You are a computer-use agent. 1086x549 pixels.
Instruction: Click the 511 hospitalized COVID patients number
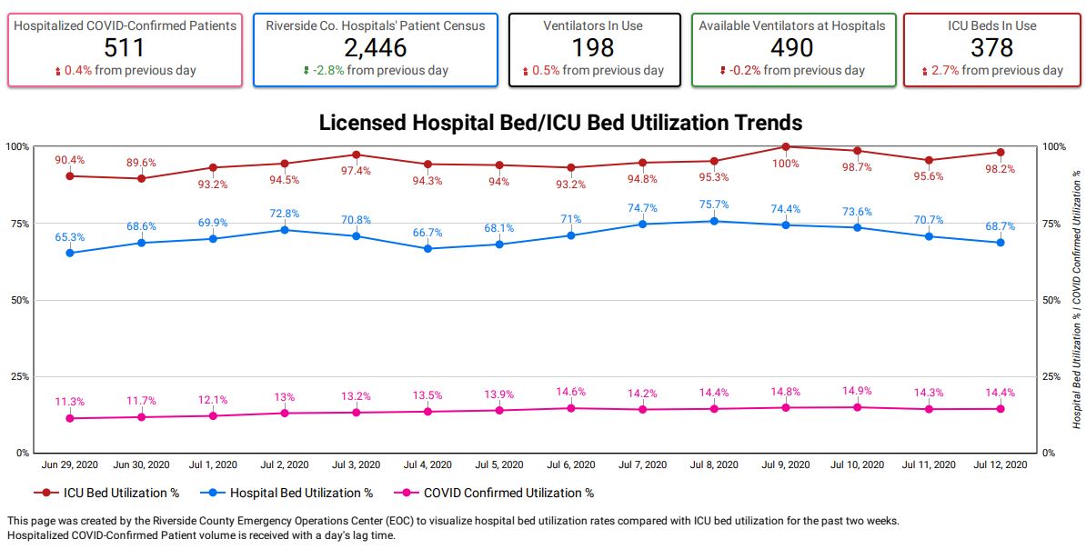coord(125,48)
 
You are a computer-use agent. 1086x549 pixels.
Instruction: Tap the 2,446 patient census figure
coord(375,48)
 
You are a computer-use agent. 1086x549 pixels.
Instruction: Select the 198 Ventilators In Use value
coord(594,48)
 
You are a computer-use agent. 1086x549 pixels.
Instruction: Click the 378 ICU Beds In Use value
coord(991,48)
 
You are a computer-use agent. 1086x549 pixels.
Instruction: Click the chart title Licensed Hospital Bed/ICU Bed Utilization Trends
coord(560,123)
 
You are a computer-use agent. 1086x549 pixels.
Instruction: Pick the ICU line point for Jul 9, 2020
coord(786,146)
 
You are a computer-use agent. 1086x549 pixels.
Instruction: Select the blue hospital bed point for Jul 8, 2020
coord(714,221)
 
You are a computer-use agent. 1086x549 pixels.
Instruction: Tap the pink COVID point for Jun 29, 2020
coord(70,418)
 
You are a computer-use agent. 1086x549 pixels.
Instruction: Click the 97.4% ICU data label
coord(356,171)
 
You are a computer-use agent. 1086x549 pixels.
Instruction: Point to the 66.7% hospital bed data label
coord(427,233)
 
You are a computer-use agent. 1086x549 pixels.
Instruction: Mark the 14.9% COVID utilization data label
coord(857,391)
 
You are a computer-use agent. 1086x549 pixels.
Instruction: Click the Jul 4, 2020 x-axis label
coord(427,464)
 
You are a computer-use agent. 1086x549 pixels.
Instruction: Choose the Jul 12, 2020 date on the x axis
coord(1001,464)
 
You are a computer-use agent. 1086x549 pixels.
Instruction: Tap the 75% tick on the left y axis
coord(17,224)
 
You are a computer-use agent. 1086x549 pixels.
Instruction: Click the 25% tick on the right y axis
coord(1053,376)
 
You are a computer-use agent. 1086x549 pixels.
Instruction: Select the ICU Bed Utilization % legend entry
coord(107,494)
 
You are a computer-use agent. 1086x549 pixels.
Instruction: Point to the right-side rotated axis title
coord(1077,300)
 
